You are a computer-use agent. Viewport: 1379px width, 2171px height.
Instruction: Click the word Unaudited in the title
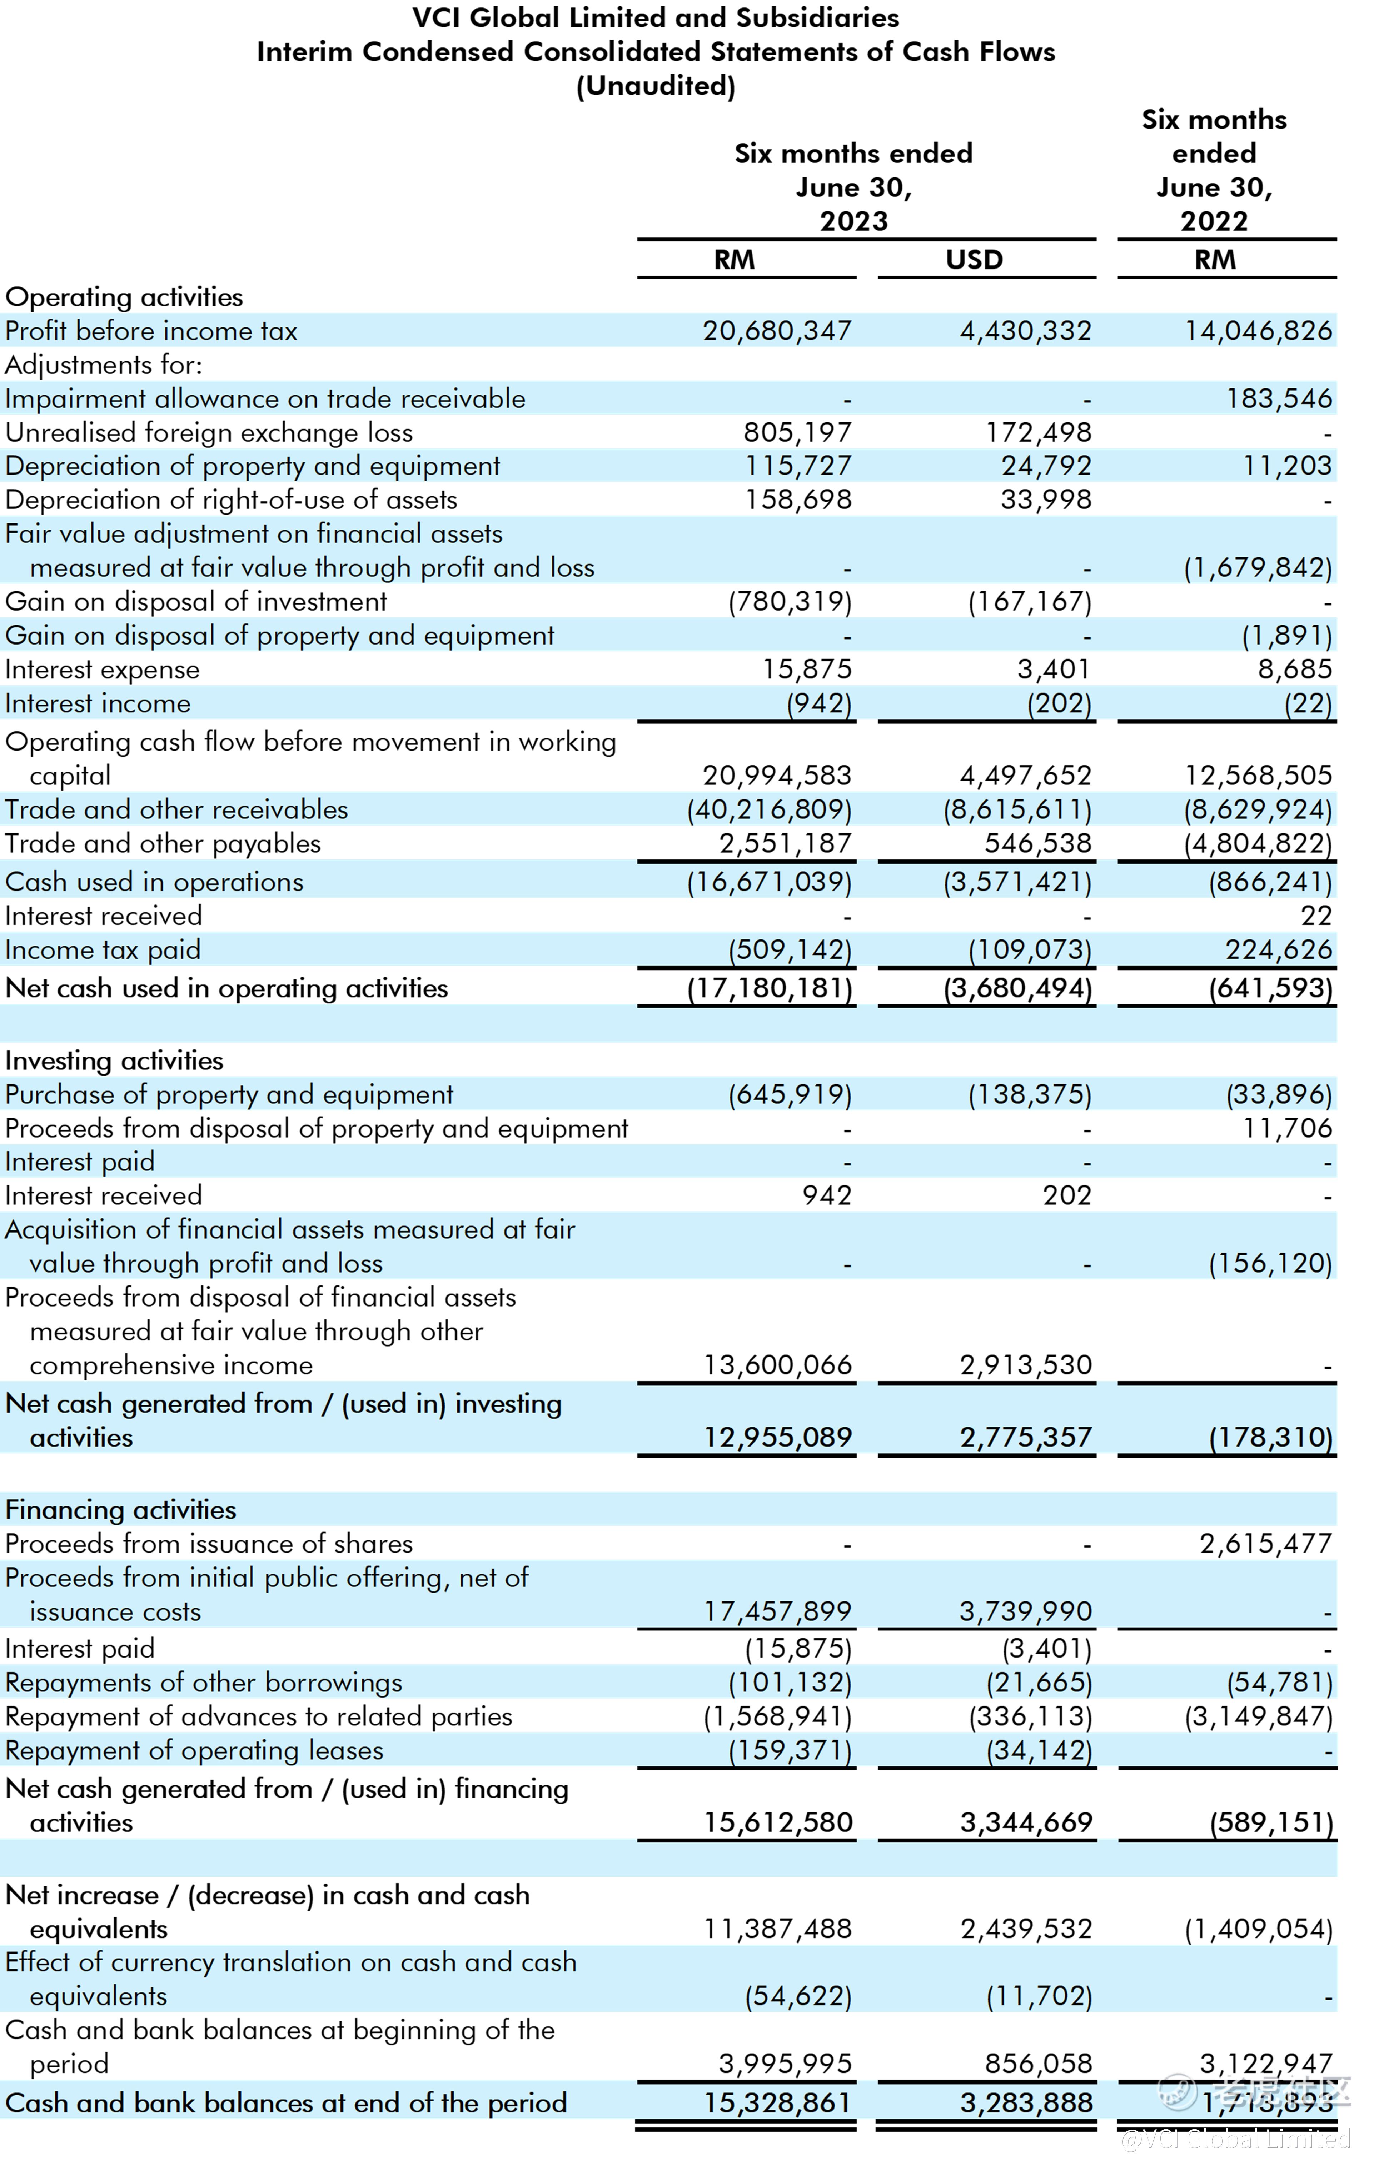(656, 86)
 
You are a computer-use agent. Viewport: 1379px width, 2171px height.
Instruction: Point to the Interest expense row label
(102, 670)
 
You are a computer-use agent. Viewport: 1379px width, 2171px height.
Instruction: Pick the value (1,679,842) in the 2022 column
(1257, 568)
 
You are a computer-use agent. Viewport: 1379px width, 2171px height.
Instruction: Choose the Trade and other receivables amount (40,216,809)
(769, 809)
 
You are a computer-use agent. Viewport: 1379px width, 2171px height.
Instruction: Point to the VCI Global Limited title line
(656, 18)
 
